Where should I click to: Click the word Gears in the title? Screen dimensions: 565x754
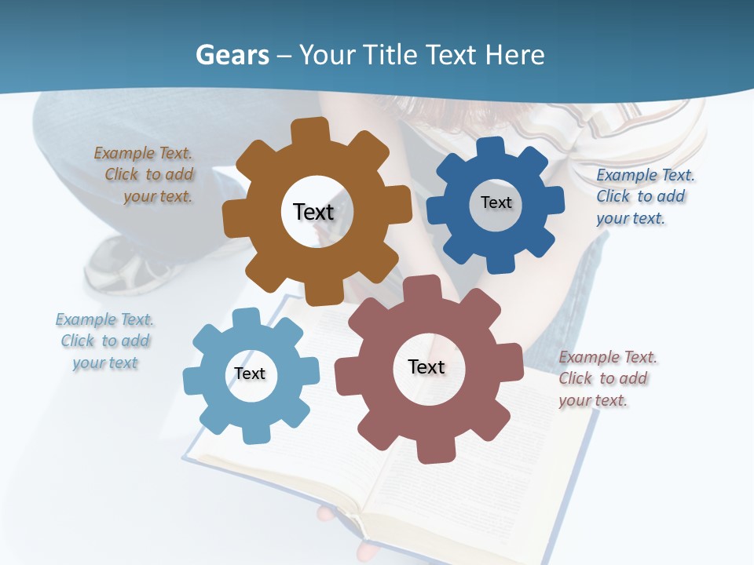coord(232,55)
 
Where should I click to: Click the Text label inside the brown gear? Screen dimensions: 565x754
coord(313,212)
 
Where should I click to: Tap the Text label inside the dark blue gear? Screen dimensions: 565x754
coord(496,202)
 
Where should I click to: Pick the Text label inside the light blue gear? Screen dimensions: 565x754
coord(250,374)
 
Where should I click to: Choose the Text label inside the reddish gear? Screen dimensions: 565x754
coord(426,366)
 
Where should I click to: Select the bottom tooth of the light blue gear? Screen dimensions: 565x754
coord(254,432)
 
